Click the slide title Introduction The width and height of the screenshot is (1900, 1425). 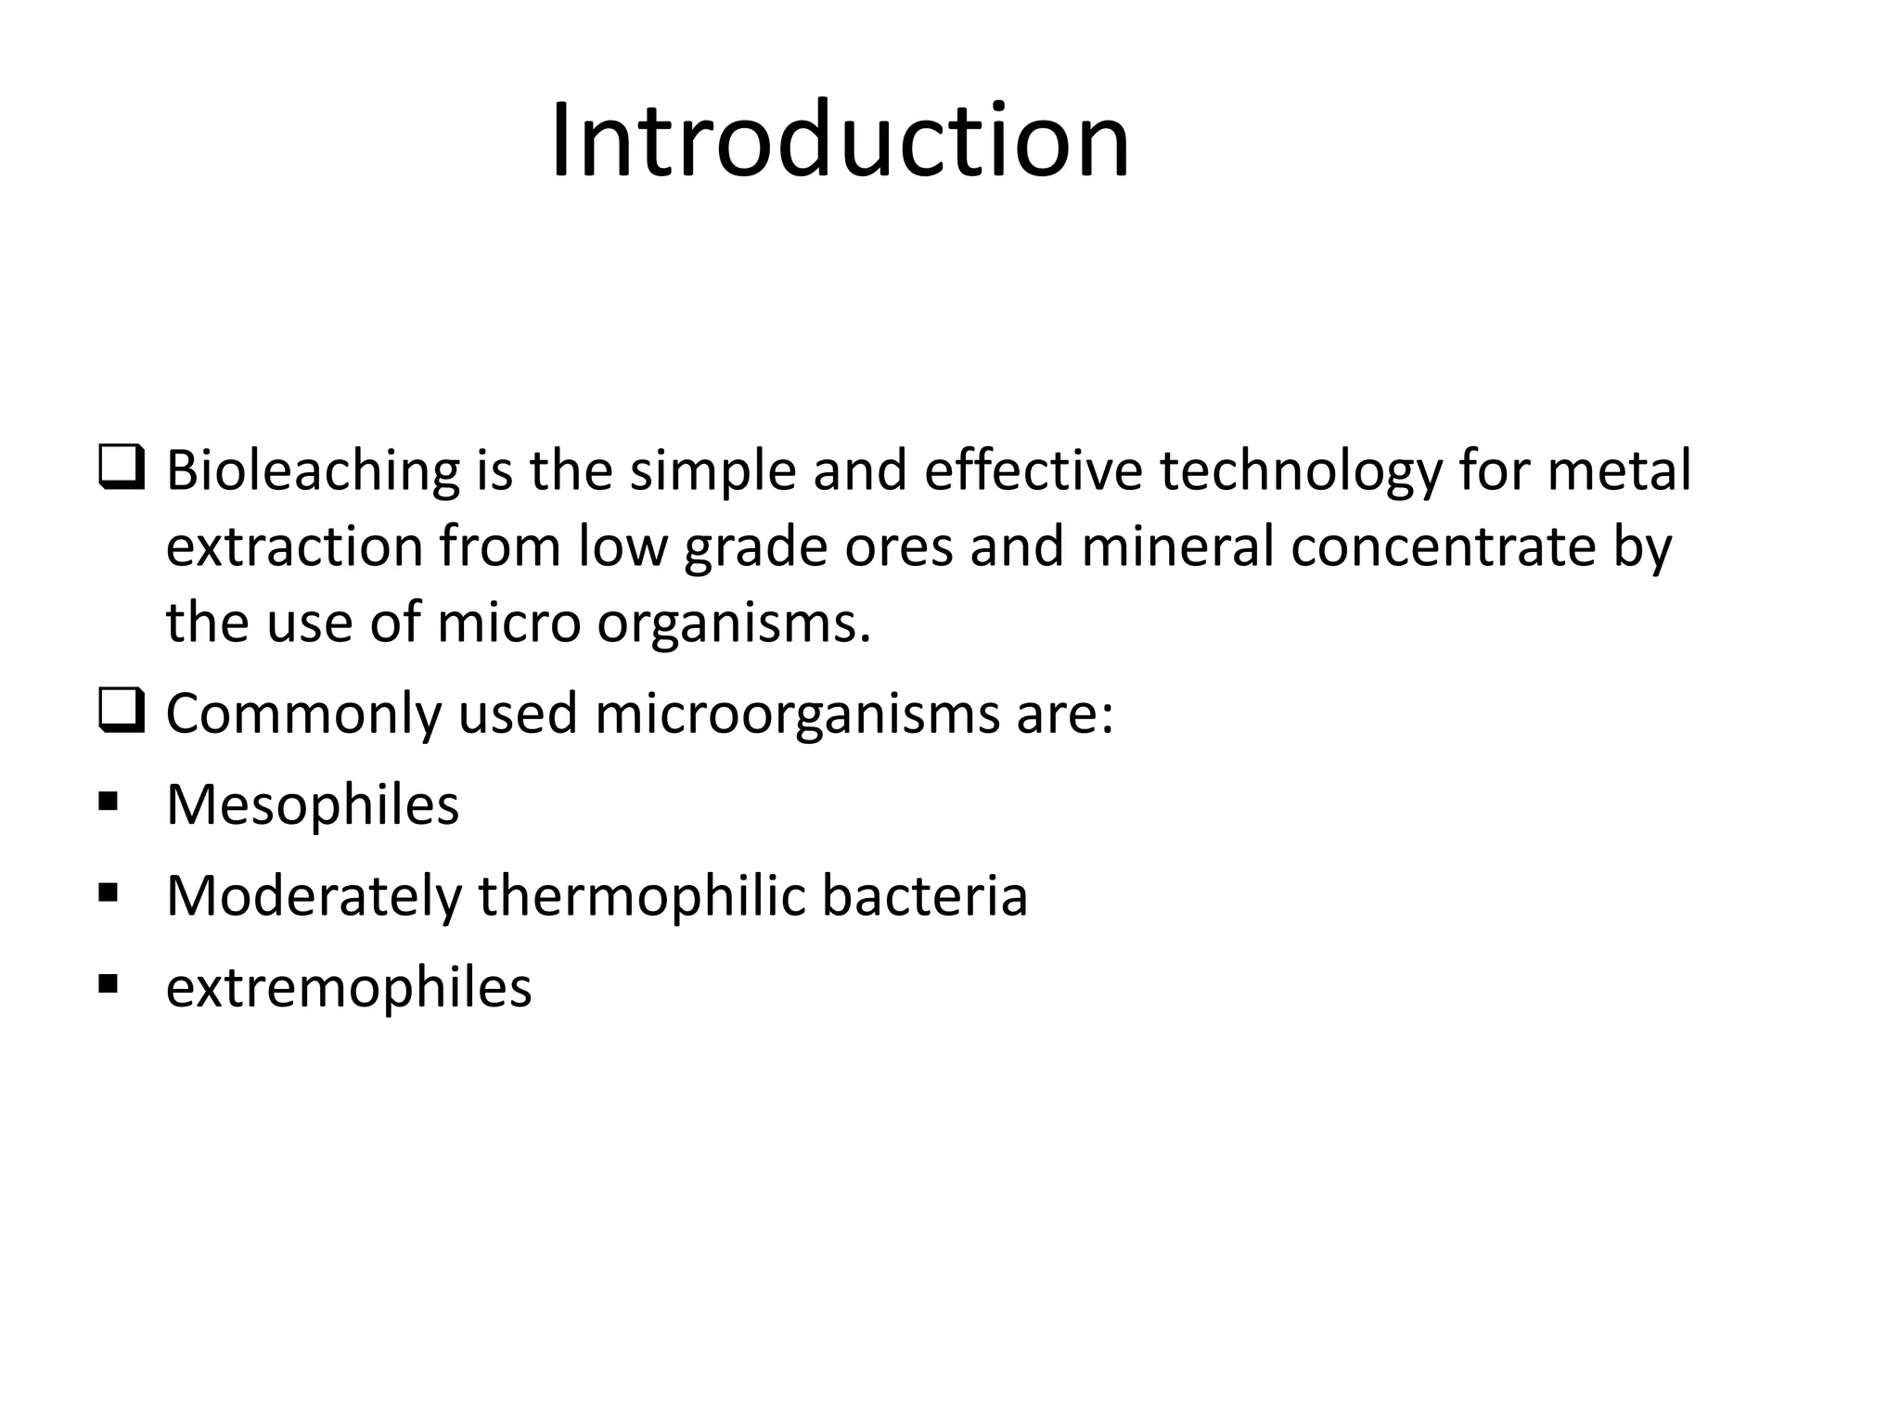tap(840, 142)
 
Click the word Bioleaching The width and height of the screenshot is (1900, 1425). tap(313, 470)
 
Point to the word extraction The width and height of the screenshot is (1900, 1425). tap(294, 546)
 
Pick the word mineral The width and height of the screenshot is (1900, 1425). tap(1177, 546)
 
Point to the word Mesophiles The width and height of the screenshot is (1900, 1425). tap(312, 805)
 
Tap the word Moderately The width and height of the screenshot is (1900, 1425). tap(314, 897)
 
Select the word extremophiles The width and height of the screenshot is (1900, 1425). tap(349, 988)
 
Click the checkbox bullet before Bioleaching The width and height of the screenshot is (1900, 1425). tap(120, 469)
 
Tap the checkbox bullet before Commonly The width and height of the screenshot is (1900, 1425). tap(120, 712)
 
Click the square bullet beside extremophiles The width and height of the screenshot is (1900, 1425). tap(109, 982)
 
